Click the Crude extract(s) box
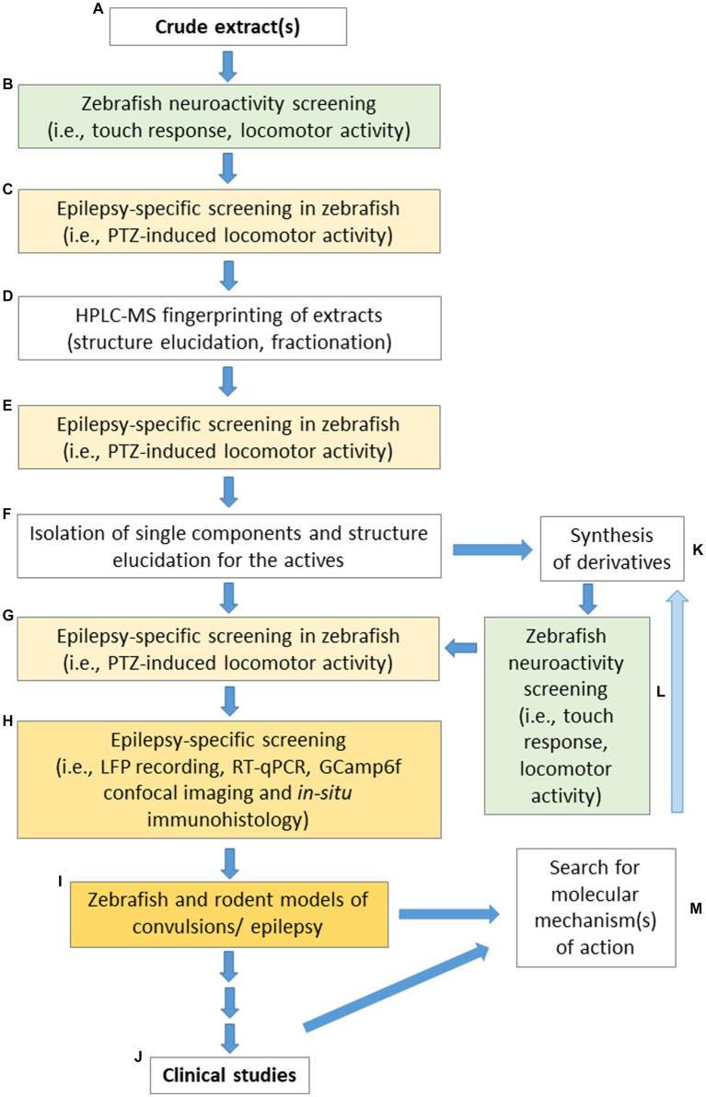226,26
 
